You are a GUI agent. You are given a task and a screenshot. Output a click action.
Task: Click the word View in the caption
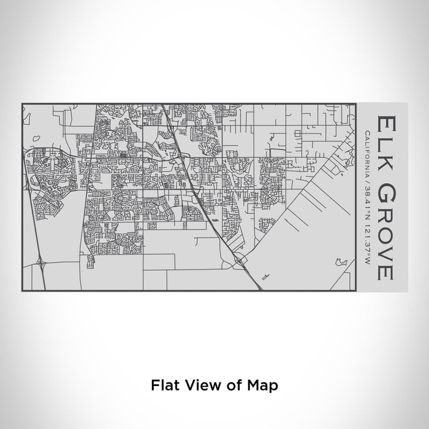tap(198, 385)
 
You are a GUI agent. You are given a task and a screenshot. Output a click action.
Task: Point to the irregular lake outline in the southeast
tap(341, 264)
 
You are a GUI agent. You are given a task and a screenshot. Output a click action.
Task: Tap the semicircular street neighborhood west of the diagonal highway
tap(191, 214)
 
